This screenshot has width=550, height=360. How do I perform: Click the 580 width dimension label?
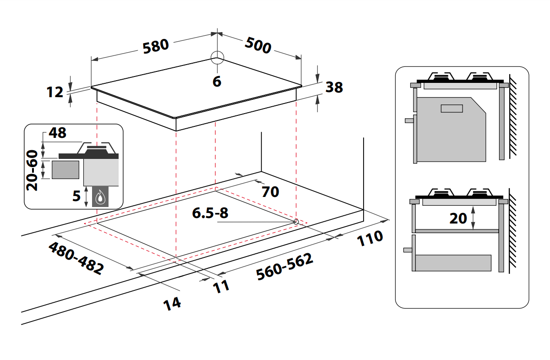(156, 47)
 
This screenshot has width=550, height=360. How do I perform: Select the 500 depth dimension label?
(258, 45)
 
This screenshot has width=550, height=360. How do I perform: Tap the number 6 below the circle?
(217, 82)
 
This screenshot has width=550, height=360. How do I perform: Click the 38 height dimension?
(334, 87)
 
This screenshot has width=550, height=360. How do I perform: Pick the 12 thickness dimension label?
(55, 92)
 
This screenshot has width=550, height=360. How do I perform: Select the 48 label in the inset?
(57, 133)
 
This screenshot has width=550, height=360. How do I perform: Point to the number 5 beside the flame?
(76, 196)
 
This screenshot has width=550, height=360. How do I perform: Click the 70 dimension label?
(270, 191)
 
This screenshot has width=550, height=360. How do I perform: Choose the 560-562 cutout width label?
(285, 267)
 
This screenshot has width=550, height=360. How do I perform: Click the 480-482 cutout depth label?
(76, 258)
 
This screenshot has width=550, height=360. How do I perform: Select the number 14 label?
(172, 303)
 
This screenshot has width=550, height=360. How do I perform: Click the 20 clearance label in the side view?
(458, 218)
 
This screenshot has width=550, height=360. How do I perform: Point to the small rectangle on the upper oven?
(452, 109)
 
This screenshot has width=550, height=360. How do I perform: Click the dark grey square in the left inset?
(65, 169)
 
